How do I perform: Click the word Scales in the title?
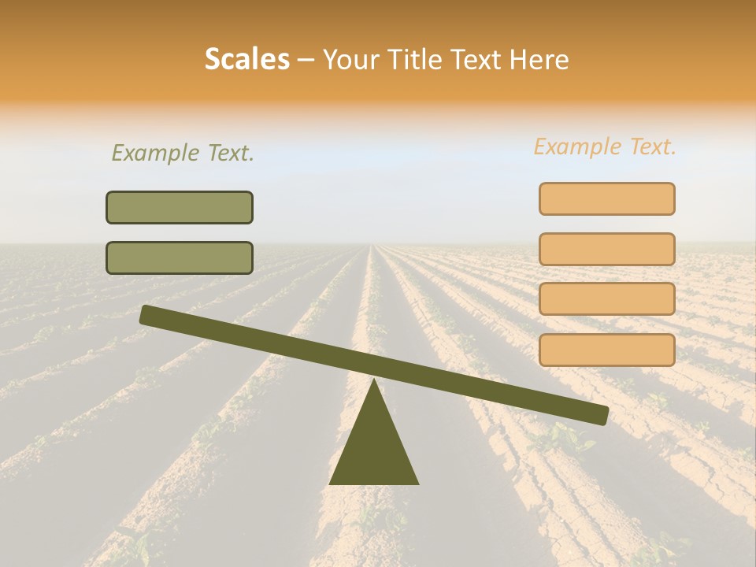(x=246, y=59)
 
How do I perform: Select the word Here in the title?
(x=539, y=60)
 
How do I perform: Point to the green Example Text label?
(x=183, y=153)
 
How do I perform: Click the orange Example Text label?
(x=605, y=146)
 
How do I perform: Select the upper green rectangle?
(x=180, y=207)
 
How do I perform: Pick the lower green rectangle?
(x=180, y=258)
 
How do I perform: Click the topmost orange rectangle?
(x=607, y=198)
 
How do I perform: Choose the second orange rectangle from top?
(x=607, y=249)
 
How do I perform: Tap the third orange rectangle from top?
(x=607, y=299)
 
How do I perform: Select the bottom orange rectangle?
(x=607, y=350)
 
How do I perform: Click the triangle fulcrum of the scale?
(x=374, y=449)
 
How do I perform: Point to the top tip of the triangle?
(x=374, y=382)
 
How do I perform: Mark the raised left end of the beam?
(x=146, y=314)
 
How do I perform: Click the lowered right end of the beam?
(x=602, y=415)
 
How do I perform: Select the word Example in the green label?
(x=155, y=153)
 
